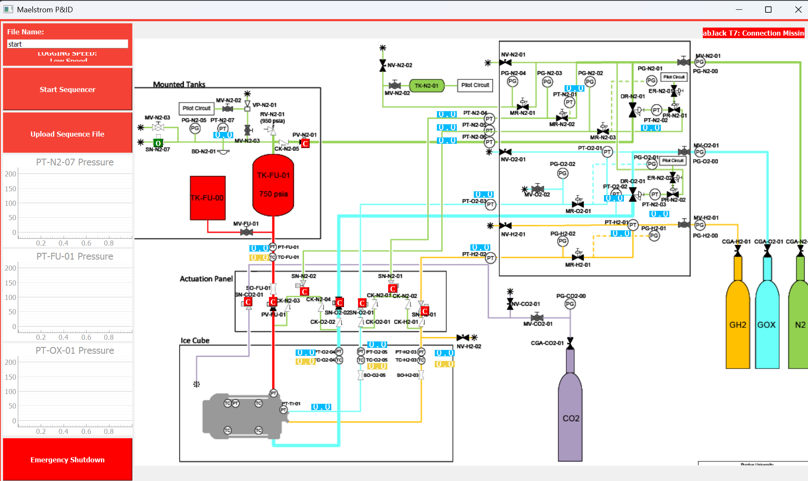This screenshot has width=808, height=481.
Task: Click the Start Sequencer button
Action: tap(67, 89)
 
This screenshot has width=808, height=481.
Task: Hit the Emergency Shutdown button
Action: tap(67, 460)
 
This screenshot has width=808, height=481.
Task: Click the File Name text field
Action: tap(67, 44)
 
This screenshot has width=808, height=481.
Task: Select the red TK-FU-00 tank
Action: tap(207, 198)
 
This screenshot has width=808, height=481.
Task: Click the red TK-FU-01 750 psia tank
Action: tap(273, 185)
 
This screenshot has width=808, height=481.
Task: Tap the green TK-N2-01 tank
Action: tap(426, 86)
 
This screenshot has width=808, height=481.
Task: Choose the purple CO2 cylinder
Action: tap(570, 418)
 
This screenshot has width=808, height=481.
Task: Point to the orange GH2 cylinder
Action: tap(738, 324)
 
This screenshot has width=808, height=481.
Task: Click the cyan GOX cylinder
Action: tap(767, 324)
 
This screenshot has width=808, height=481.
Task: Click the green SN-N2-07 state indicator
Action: tap(158, 143)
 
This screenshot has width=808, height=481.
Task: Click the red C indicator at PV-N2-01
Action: tap(305, 144)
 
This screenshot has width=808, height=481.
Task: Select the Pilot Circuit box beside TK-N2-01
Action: tap(475, 85)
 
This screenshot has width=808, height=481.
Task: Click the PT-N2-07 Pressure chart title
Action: tap(75, 162)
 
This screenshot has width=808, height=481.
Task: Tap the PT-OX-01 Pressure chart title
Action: tap(75, 350)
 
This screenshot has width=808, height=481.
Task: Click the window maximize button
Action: tap(768, 9)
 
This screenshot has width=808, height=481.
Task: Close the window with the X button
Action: tap(798, 9)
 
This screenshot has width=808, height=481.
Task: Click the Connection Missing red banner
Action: tap(753, 33)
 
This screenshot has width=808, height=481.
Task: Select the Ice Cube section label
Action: tap(195, 340)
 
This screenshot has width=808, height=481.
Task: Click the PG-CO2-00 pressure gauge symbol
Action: tap(570, 304)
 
